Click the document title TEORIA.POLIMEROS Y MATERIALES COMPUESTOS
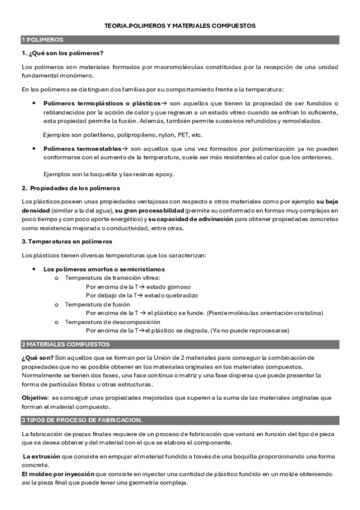pos(180,26)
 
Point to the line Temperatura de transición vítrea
pos(113,278)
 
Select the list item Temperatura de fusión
pos(93,304)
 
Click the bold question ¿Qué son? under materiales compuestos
pos(35,358)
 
